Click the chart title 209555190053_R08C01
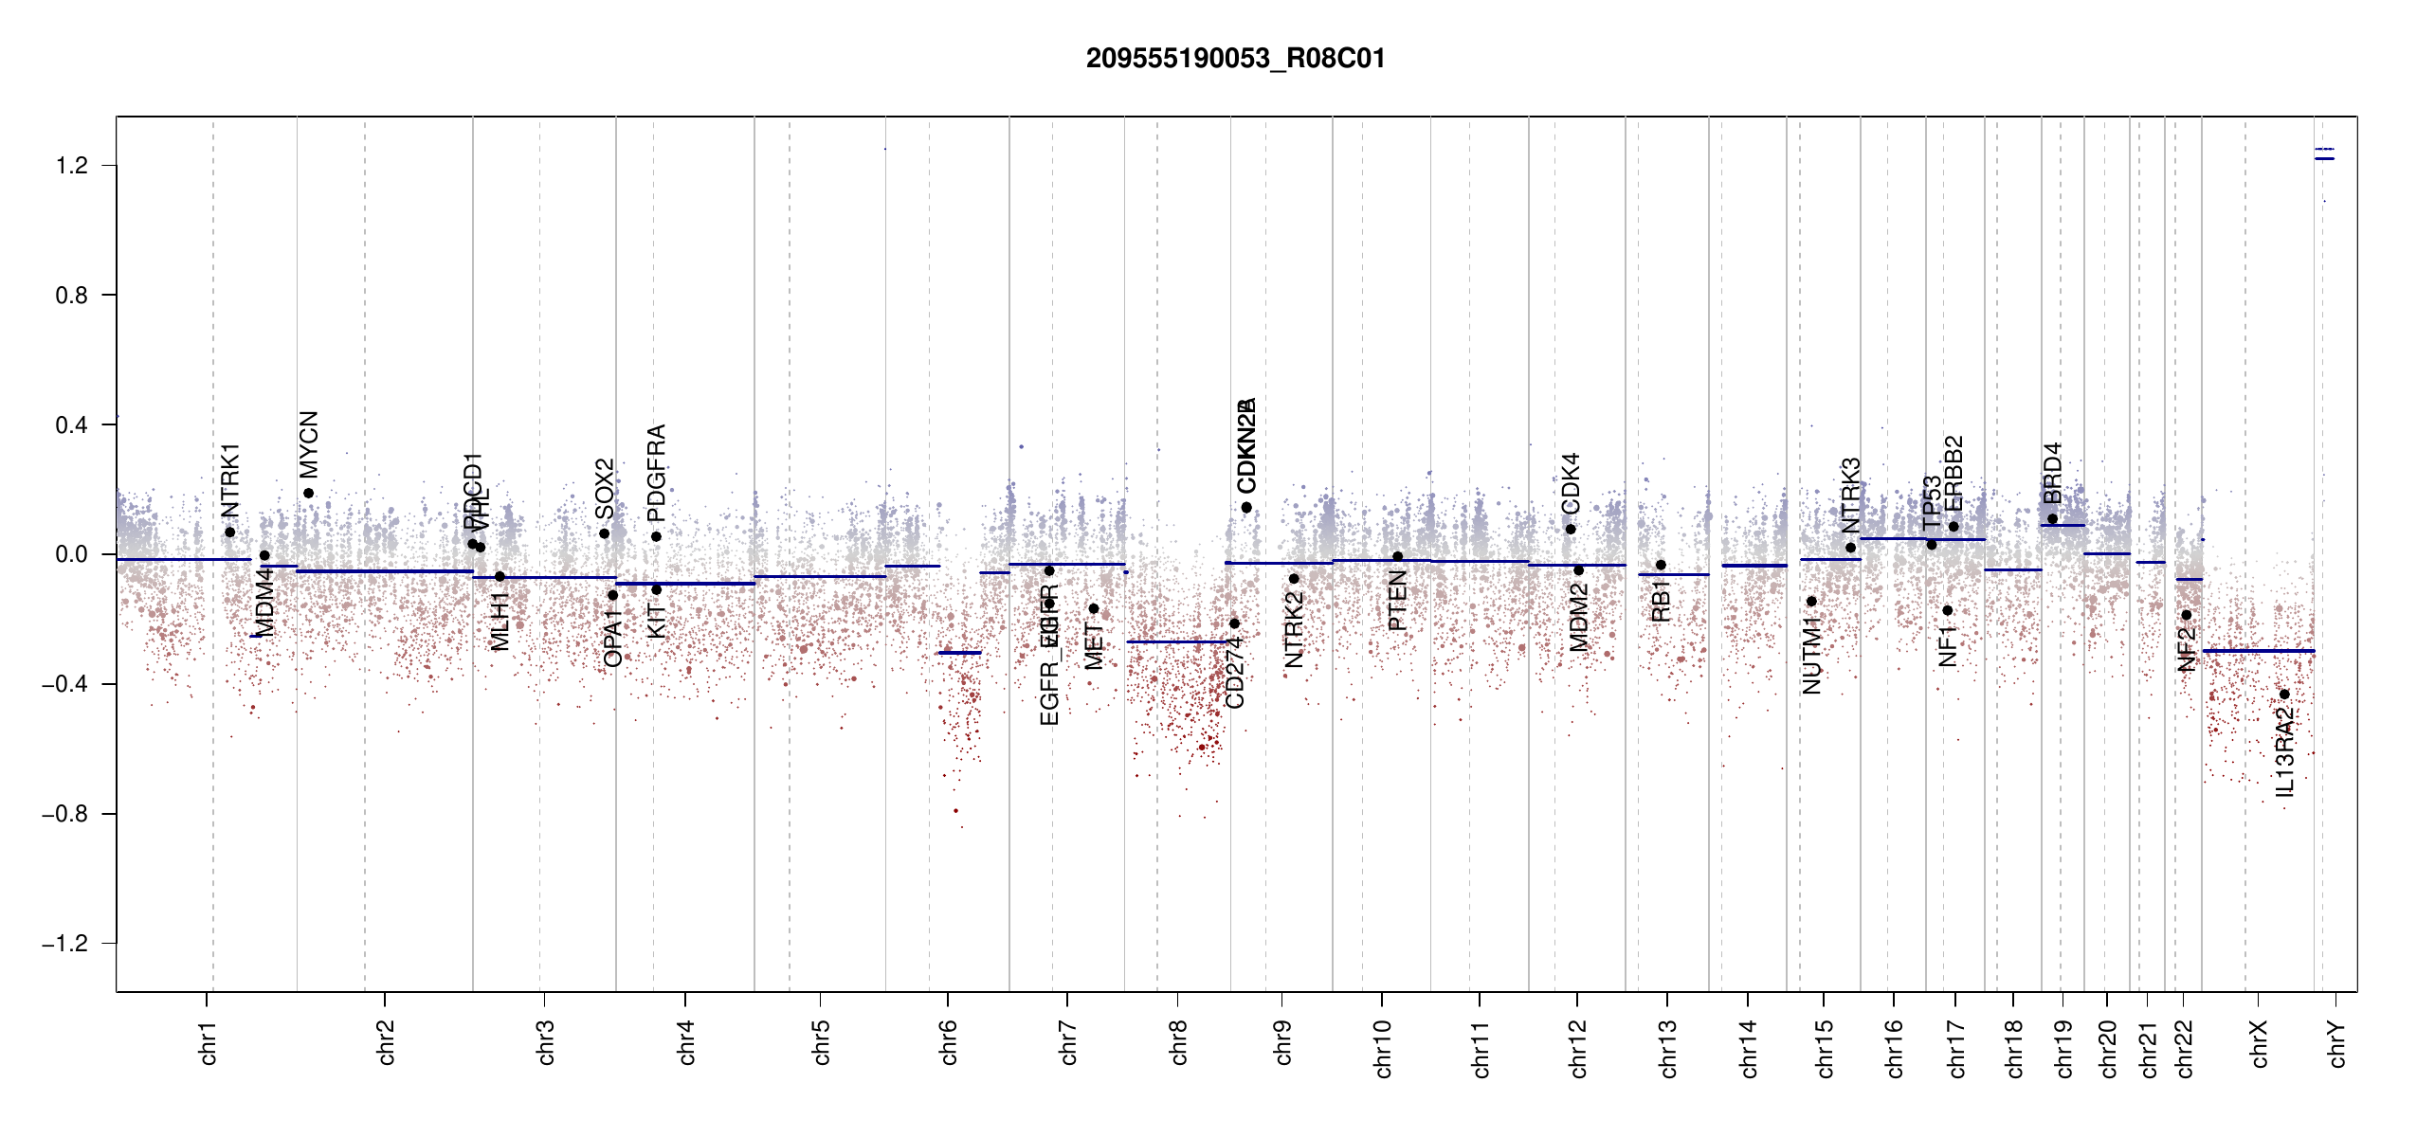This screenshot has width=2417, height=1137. pyautogui.click(x=1235, y=59)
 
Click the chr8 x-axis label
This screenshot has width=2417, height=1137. pyautogui.click(x=1178, y=1042)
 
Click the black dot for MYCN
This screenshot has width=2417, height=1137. pyautogui.click(x=308, y=493)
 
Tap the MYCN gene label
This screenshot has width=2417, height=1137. pyautogui.click(x=309, y=444)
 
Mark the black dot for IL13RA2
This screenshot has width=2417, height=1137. pyautogui.click(x=2284, y=695)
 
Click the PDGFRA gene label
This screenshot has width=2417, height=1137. pyautogui.click(x=656, y=473)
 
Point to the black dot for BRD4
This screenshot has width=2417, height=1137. pyautogui.click(x=2052, y=518)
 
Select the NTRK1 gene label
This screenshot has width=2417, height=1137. pyautogui.click(x=230, y=480)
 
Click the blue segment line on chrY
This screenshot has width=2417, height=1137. pyautogui.click(x=2324, y=158)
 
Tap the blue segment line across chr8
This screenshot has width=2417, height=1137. pyautogui.click(x=1175, y=641)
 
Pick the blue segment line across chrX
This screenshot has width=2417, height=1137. pyautogui.click(x=2258, y=651)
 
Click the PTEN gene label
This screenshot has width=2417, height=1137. pyautogui.click(x=1397, y=601)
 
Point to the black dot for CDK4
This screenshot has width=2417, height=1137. pyautogui.click(x=1571, y=529)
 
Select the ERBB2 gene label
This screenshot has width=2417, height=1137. pyautogui.click(x=1954, y=473)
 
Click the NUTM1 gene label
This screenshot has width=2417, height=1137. pyautogui.click(x=1811, y=654)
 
